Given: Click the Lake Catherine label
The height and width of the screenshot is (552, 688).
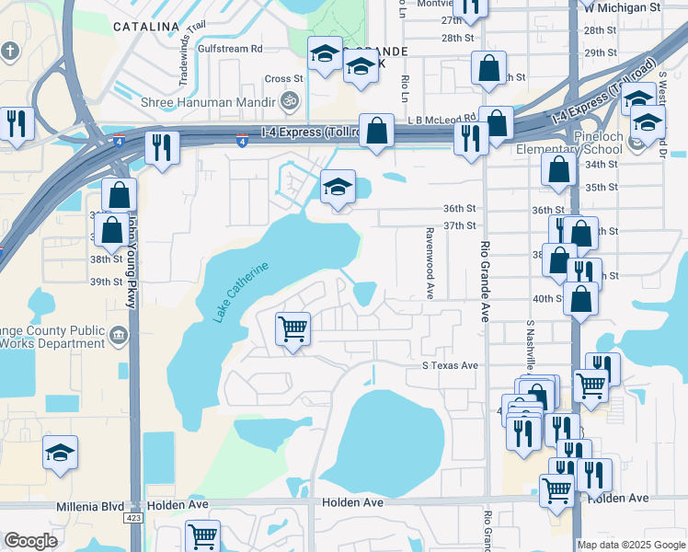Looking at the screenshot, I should (x=242, y=292).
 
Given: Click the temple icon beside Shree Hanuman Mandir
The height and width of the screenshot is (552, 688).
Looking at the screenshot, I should (x=290, y=100).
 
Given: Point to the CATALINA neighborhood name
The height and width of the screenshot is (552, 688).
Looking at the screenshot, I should (x=145, y=27).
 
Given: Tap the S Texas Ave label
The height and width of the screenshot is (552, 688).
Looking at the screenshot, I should (x=451, y=365).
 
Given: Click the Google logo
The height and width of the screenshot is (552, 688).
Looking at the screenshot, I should (x=31, y=541).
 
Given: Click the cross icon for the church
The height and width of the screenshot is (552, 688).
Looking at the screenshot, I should (x=11, y=50).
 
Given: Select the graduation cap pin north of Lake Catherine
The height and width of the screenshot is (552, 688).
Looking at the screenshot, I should (x=338, y=188).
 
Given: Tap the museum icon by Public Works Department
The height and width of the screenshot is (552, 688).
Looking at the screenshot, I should (x=119, y=337).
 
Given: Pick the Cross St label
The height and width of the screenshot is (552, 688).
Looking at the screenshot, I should (x=284, y=79).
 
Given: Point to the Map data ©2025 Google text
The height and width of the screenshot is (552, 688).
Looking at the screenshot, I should (x=630, y=545).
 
